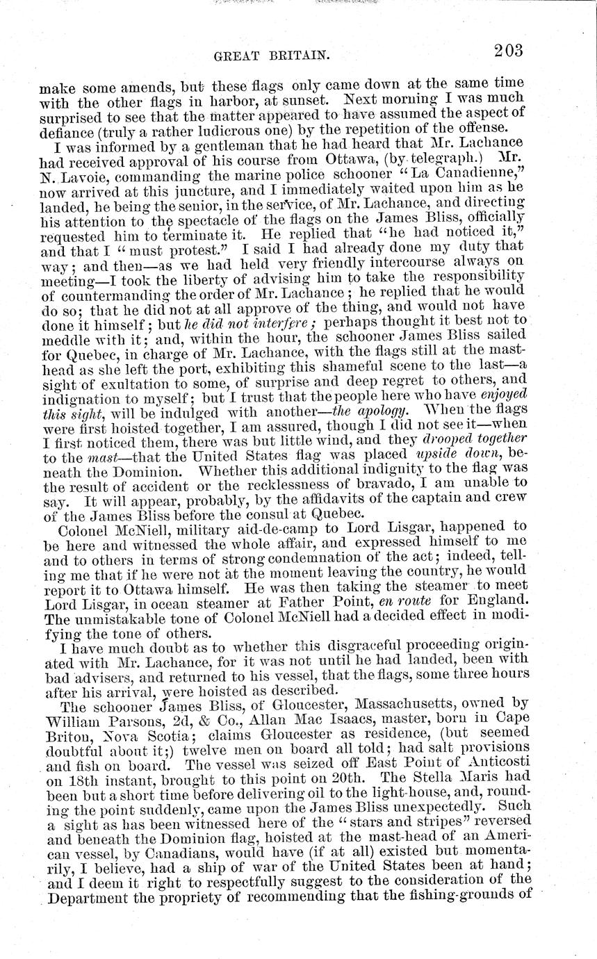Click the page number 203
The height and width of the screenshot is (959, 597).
pos(507,51)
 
